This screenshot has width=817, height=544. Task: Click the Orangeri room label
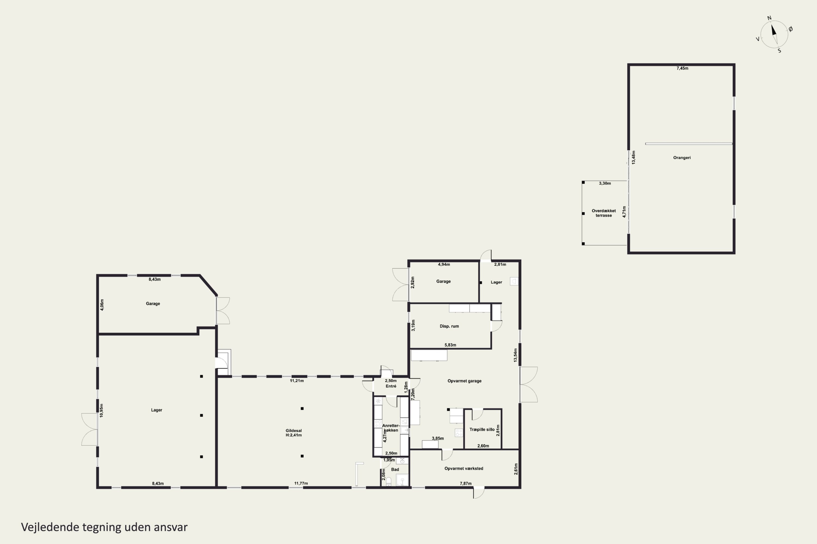click(682, 157)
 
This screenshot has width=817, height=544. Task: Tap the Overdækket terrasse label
click(604, 213)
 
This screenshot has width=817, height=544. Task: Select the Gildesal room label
click(294, 433)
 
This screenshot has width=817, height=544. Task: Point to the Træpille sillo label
click(482, 429)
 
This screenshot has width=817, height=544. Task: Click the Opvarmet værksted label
click(464, 468)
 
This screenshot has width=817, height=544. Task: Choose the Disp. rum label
click(449, 326)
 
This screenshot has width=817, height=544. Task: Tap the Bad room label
click(395, 469)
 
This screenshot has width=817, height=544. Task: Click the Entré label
click(391, 386)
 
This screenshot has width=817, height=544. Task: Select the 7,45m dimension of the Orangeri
click(682, 68)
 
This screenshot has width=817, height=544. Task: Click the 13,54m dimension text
click(516, 355)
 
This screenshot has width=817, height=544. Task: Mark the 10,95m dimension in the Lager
click(101, 410)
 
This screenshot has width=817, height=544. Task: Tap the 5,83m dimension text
click(450, 345)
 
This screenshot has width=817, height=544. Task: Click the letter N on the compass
click(769, 18)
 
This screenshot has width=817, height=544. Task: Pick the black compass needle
click(774, 30)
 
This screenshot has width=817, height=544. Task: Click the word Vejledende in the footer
click(50, 527)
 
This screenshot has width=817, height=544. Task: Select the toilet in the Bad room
click(389, 481)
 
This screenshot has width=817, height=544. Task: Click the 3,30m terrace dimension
click(605, 183)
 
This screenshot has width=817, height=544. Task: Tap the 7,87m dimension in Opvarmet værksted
click(465, 483)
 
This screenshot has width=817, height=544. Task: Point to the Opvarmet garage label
click(464, 381)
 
